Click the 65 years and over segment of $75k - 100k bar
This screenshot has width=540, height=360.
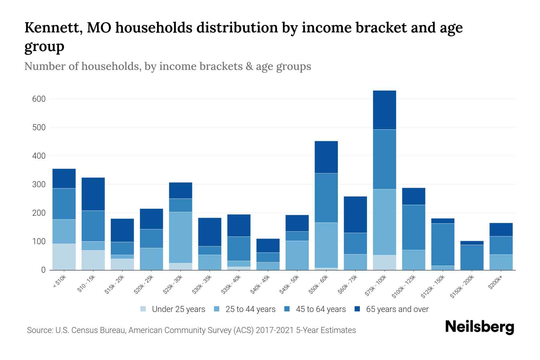(384, 110)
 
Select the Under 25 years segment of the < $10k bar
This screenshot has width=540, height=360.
(64, 257)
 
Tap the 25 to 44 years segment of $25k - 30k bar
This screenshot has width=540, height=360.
(181, 238)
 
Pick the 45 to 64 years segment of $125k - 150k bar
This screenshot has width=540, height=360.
(442, 244)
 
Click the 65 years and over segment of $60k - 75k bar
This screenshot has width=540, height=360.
(355, 215)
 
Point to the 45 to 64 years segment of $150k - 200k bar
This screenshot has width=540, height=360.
(472, 257)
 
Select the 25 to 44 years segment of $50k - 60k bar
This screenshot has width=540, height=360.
(326, 245)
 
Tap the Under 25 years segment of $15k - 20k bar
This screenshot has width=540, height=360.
(122, 264)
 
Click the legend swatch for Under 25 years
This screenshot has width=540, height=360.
(143, 309)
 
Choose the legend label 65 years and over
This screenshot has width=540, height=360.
(397, 309)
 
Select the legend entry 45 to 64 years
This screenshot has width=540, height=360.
(320, 309)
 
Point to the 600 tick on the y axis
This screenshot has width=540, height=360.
(39, 99)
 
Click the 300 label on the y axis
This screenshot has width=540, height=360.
(39, 184)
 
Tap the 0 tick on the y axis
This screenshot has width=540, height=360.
(43, 270)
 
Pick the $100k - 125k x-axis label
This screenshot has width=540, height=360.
(403, 287)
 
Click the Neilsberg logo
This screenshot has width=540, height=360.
(479, 327)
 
